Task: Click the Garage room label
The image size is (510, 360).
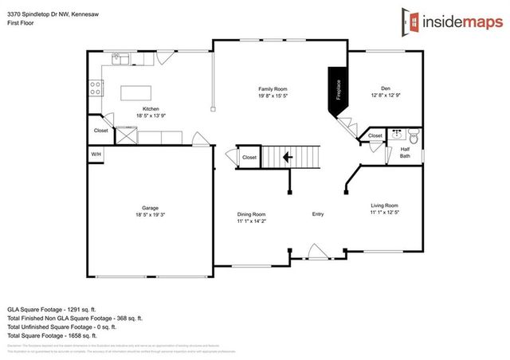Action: (150, 209)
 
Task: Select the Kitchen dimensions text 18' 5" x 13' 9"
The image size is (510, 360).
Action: (151, 115)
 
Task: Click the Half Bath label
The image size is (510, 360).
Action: (405, 153)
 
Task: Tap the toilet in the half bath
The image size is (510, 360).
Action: (411, 136)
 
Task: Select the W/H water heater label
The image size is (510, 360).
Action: (96, 155)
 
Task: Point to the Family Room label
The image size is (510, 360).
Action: (273, 88)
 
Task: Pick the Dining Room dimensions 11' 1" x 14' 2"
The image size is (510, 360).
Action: (251, 221)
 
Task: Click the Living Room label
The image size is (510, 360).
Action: (384, 205)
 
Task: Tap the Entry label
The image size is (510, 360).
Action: (318, 213)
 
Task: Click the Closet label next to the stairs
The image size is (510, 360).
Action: (249, 158)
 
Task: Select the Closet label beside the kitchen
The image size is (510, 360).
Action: (101, 131)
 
